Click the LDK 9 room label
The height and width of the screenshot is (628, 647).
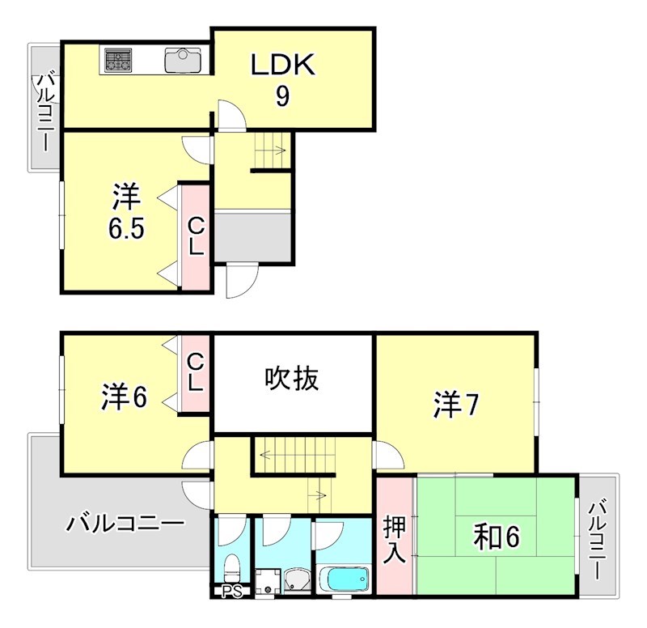point(281,79)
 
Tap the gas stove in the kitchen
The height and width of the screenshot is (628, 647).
point(118,60)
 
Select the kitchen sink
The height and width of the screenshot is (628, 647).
point(184,60)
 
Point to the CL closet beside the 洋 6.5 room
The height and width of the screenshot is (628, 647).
point(196,236)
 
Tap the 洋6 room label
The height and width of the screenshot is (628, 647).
point(124,397)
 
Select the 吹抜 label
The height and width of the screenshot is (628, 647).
point(292,378)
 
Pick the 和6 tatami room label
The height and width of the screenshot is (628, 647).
point(496,536)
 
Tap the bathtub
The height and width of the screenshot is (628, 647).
point(344,579)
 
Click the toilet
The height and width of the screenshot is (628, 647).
point(232,565)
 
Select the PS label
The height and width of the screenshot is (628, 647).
point(231,592)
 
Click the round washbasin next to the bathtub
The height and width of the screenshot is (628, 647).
point(295,580)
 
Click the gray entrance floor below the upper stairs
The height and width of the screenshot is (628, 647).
point(252,237)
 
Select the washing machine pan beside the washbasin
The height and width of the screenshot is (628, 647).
point(267,580)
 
